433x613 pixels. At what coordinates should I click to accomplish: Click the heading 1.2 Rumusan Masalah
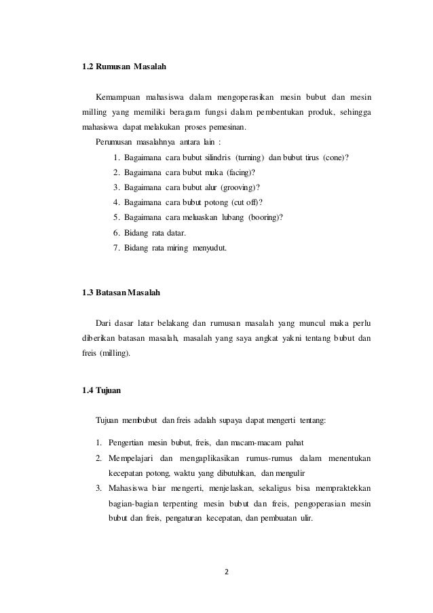[124, 67]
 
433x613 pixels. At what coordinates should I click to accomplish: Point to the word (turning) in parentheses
[250, 158]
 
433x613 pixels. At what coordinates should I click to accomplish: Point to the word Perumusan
[115, 143]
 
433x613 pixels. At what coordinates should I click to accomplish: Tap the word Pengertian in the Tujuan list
[129, 443]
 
